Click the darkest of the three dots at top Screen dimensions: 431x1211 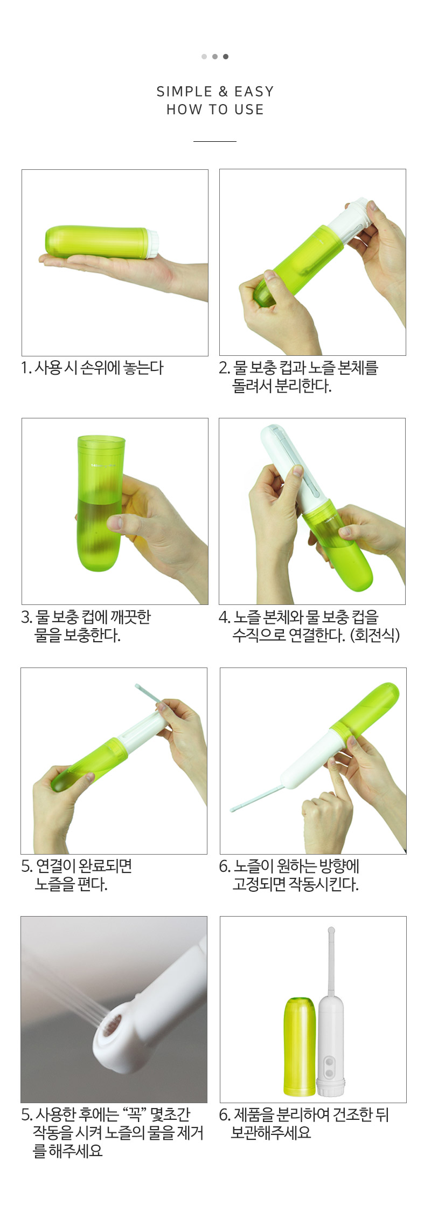[x=226, y=57]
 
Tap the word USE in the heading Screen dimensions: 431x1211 [x=249, y=109]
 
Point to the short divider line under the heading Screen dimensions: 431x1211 [x=215, y=141]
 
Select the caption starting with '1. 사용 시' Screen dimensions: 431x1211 [x=92, y=368]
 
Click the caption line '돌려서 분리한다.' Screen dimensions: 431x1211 [x=282, y=386]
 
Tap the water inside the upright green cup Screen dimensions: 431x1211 [x=100, y=534]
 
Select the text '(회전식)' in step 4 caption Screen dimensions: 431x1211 [x=375, y=635]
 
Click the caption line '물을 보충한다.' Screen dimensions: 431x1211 [x=78, y=635]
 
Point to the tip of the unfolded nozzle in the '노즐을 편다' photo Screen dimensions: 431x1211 [x=137, y=686]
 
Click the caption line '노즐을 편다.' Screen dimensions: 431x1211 [x=71, y=884]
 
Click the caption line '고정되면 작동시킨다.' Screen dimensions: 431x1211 [x=295, y=884]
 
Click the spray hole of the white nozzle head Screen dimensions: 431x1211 [x=112, y=1028]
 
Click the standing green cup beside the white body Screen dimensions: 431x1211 [x=300, y=1046]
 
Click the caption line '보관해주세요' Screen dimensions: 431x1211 [x=271, y=1132]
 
